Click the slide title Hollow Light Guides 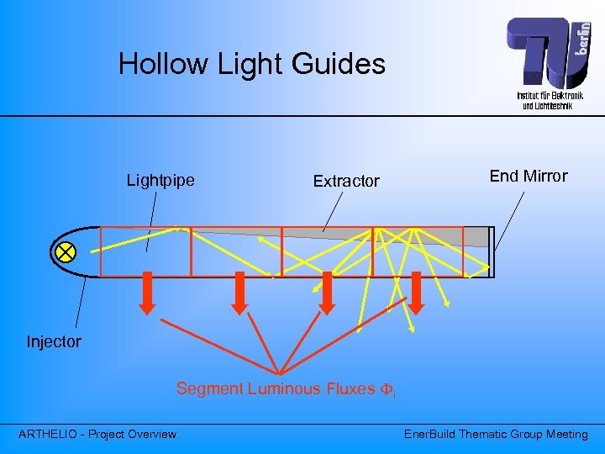pyautogui.click(x=251, y=65)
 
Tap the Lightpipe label pyautogui.click(x=160, y=180)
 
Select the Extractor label pyautogui.click(x=346, y=181)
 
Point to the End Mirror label pyautogui.click(x=528, y=176)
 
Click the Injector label pyautogui.click(x=54, y=341)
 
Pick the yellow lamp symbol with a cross pyautogui.click(x=66, y=251)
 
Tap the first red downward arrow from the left pyautogui.click(x=148, y=292)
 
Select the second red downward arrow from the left pyautogui.click(x=239, y=292)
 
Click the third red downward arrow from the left pyautogui.click(x=328, y=292)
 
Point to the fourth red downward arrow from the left pyautogui.click(x=418, y=292)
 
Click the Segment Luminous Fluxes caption pyautogui.click(x=286, y=389)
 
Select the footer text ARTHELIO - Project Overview pyautogui.click(x=97, y=434)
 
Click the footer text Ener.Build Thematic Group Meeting pyautogui.click(x=496, y=434)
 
